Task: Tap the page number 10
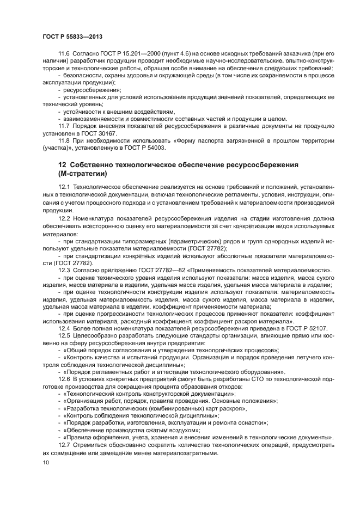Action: (x=46, y=462)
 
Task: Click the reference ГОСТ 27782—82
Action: (x=152, y=269)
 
